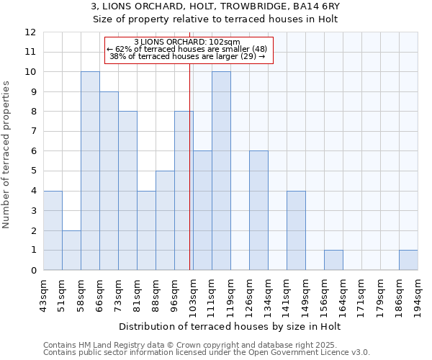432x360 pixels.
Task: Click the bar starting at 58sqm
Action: tap(90, 171)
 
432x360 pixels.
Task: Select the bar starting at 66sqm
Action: tap(109, 181)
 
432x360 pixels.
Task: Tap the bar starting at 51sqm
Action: tap(71, 250)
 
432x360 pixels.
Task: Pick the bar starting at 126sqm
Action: tap(258, 210)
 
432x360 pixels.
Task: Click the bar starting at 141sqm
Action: tap(296, 230)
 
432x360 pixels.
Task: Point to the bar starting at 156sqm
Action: tap(333, 260)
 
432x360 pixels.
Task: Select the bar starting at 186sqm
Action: tap(408, 260)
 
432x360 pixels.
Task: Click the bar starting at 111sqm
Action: tap(221, 171)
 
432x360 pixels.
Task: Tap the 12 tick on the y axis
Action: tap(30, 32)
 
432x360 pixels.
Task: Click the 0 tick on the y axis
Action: tap(33, 270)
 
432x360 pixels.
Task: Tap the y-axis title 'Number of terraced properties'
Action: tap(7, 154)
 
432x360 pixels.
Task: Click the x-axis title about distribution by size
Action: tap(230, 327)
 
